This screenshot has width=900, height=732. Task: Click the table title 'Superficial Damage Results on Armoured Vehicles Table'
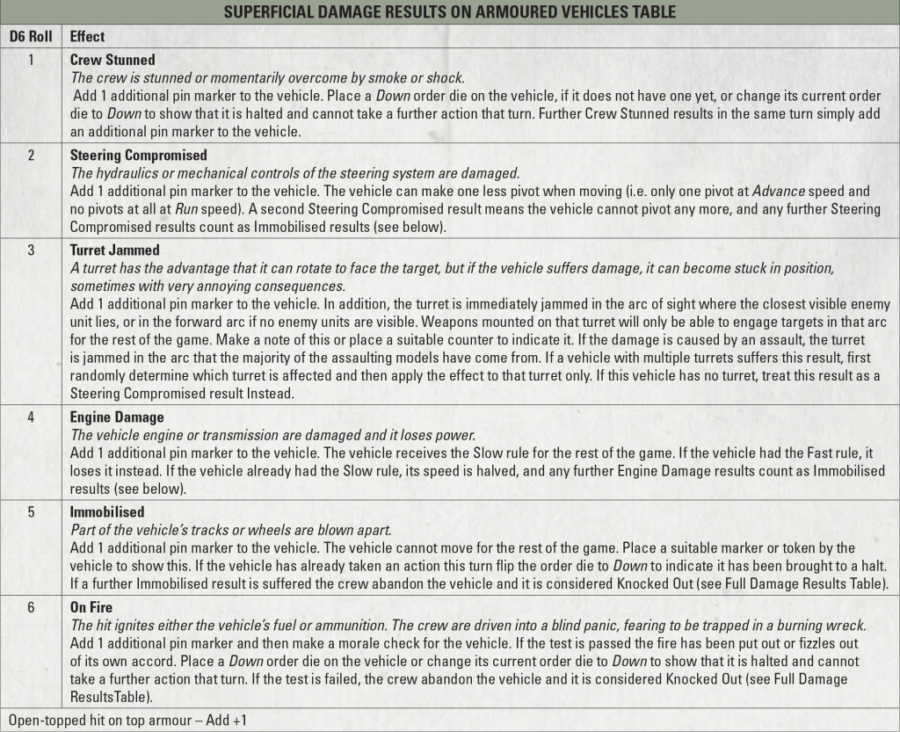click(x=449, y=12)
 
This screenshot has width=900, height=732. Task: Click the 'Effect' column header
click(x=87, y=37)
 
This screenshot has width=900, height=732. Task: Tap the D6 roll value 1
click(x=31, y=61)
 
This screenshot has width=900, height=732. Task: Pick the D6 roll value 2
click(x=31, y=156)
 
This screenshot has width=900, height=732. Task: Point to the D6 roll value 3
click(x=31, y=250)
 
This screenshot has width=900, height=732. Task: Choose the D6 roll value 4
click(x=31, y=417)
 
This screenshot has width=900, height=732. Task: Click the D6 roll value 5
click(x=31, y=511)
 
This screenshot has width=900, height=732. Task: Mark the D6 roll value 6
click(x=31, y=606)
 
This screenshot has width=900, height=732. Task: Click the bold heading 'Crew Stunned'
click(x=112, y=61)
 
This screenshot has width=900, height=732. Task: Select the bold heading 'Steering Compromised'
click(x=139, y=156)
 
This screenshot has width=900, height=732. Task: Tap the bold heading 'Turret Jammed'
click(x=114, y=250)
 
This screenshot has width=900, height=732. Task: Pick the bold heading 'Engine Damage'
click(x=117, y=417)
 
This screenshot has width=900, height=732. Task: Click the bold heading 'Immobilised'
click(x=107, y=511)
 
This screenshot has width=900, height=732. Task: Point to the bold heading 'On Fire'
click(x=91, y=606)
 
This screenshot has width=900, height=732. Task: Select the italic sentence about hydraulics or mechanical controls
click(x=294, y=172)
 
